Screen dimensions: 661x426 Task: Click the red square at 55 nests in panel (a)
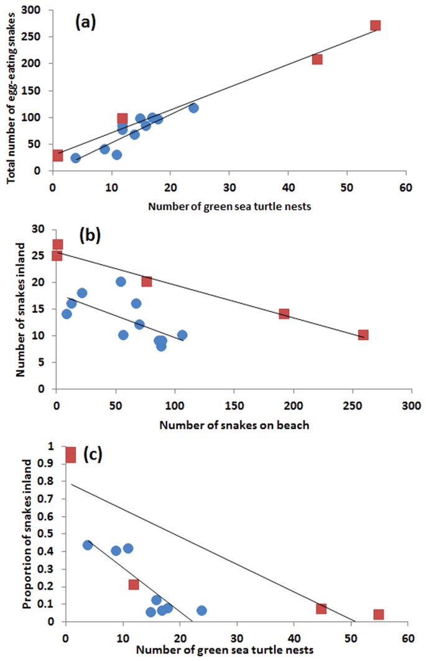tap(375, 25)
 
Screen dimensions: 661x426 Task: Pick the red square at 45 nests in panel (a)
tap(317, 59)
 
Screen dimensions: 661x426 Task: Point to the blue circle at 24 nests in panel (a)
tap(193, 108)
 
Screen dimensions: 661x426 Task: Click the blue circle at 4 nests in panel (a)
tap(75, 158)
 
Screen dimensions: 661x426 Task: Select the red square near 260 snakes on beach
tap(363, 335)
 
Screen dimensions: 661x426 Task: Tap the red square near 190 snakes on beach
tap(284, 314)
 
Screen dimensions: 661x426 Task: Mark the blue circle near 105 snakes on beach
tap(182, 336)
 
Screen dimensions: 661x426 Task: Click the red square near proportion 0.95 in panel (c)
tap(70, 455)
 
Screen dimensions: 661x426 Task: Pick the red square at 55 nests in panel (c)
tap(379, 614)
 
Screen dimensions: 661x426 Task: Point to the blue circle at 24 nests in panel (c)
tap(201, 611)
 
